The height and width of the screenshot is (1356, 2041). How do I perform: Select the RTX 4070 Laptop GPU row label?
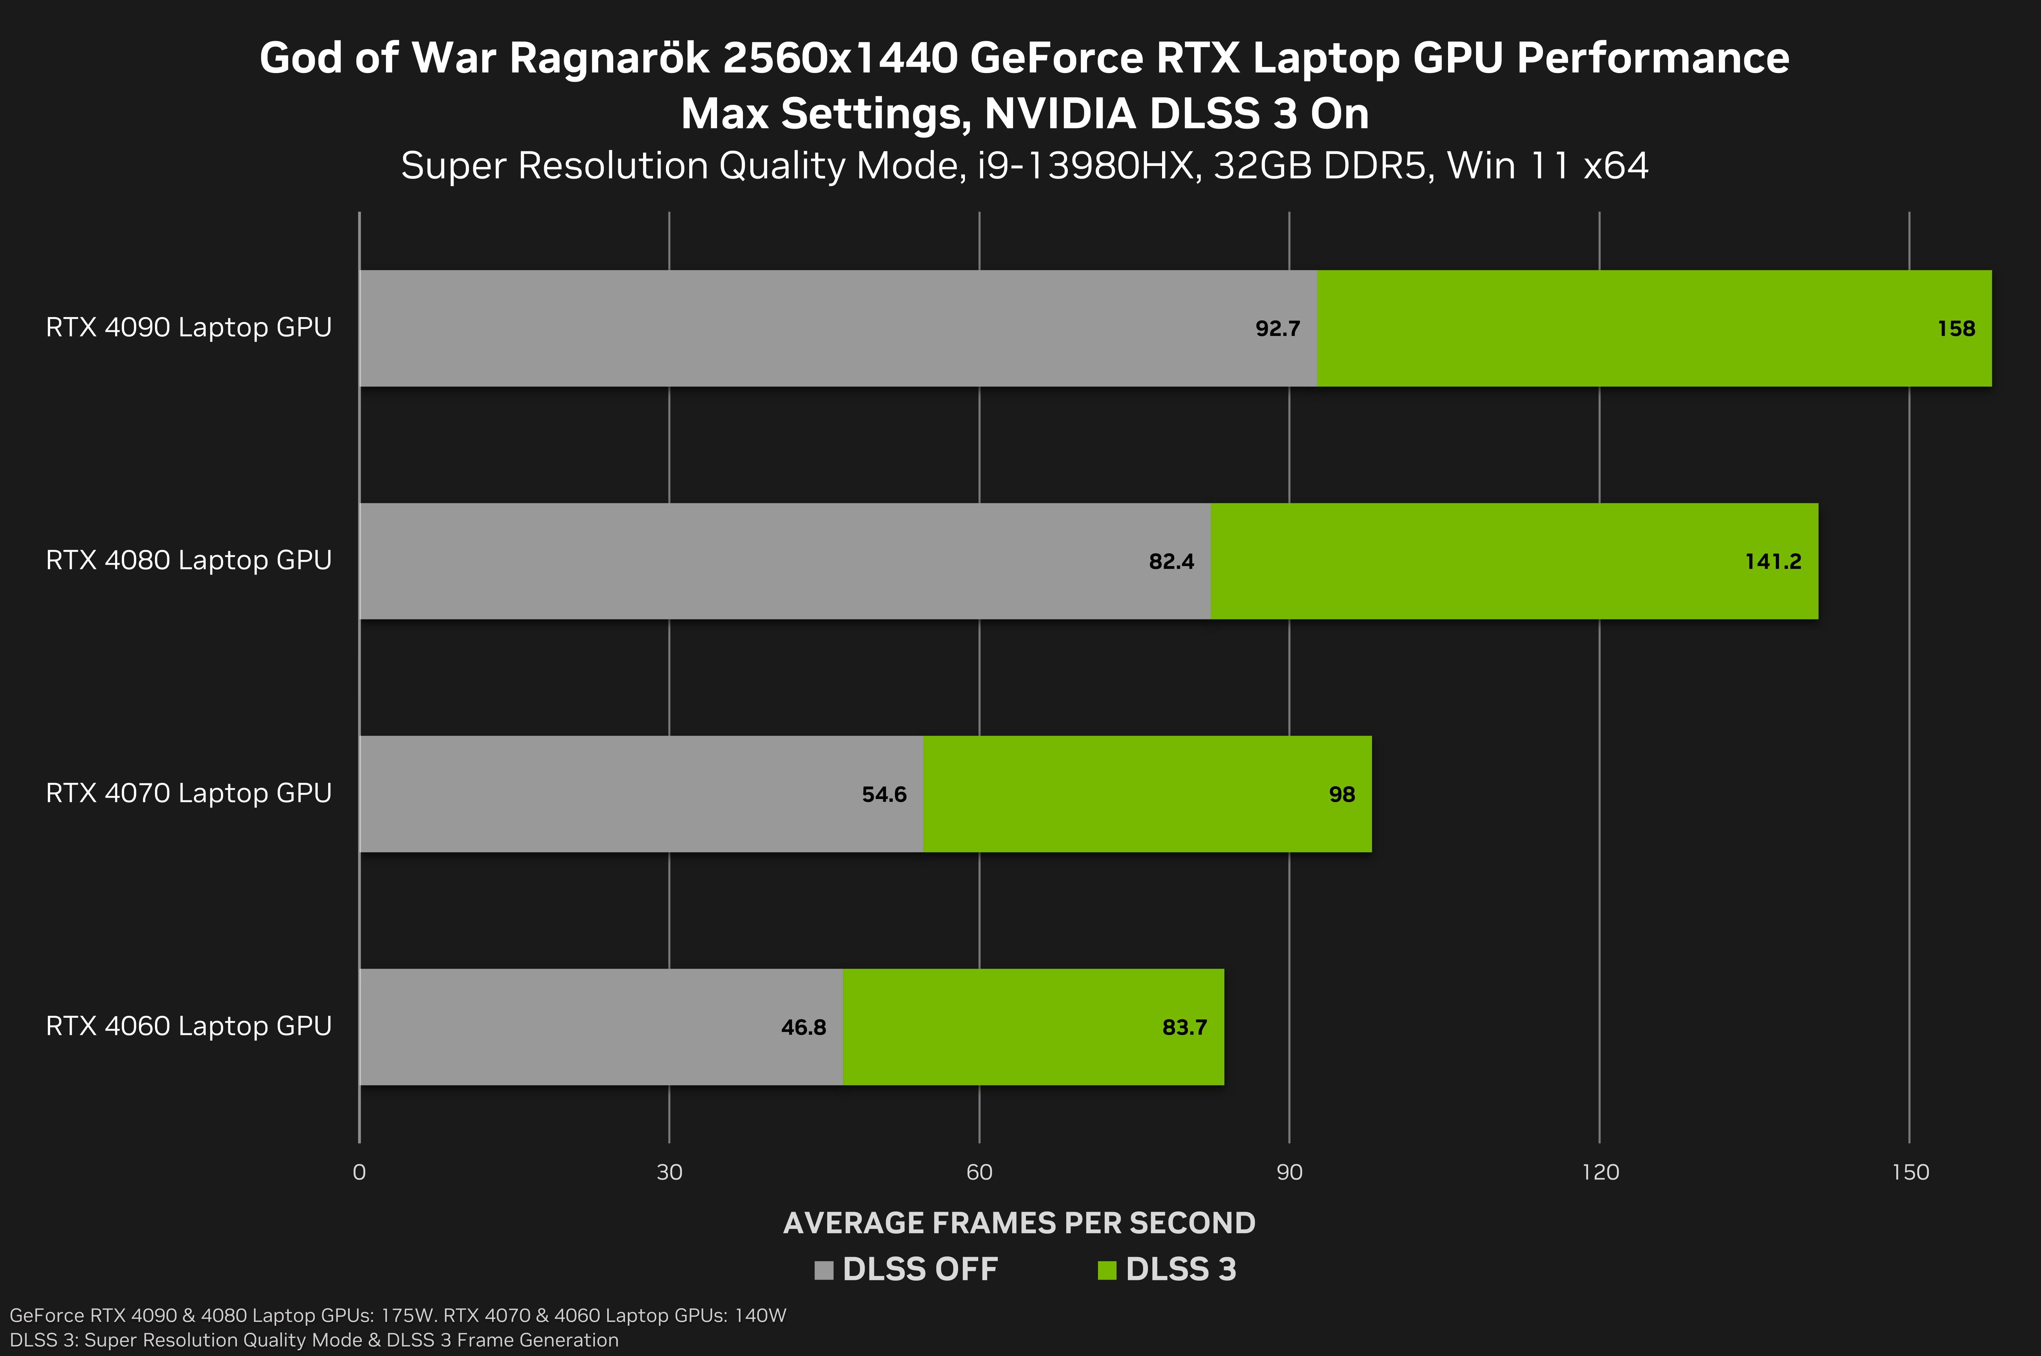coord(188,793)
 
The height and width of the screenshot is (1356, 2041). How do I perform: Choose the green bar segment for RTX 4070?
coord(1124,794)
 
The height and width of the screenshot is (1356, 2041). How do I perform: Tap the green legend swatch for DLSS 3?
coord(1107,1269)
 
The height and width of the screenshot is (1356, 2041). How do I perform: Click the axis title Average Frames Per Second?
coord(1019,1223)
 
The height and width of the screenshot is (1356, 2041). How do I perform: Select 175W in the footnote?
coord(406,1316)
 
